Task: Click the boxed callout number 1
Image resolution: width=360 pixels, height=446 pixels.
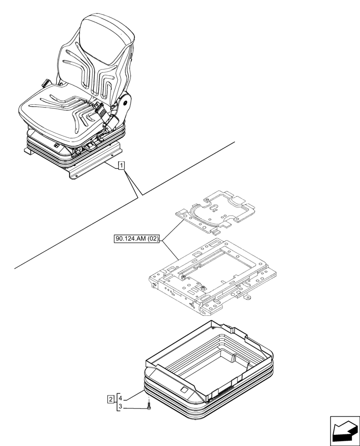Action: click(122, 166)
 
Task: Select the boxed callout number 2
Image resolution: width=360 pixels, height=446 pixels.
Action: click(110, 398)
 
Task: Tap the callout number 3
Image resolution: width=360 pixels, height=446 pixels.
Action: click(120, 407)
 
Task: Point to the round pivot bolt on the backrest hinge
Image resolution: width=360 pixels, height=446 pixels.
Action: click(127, 103)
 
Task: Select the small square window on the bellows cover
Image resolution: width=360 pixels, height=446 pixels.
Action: click(184, 389)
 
